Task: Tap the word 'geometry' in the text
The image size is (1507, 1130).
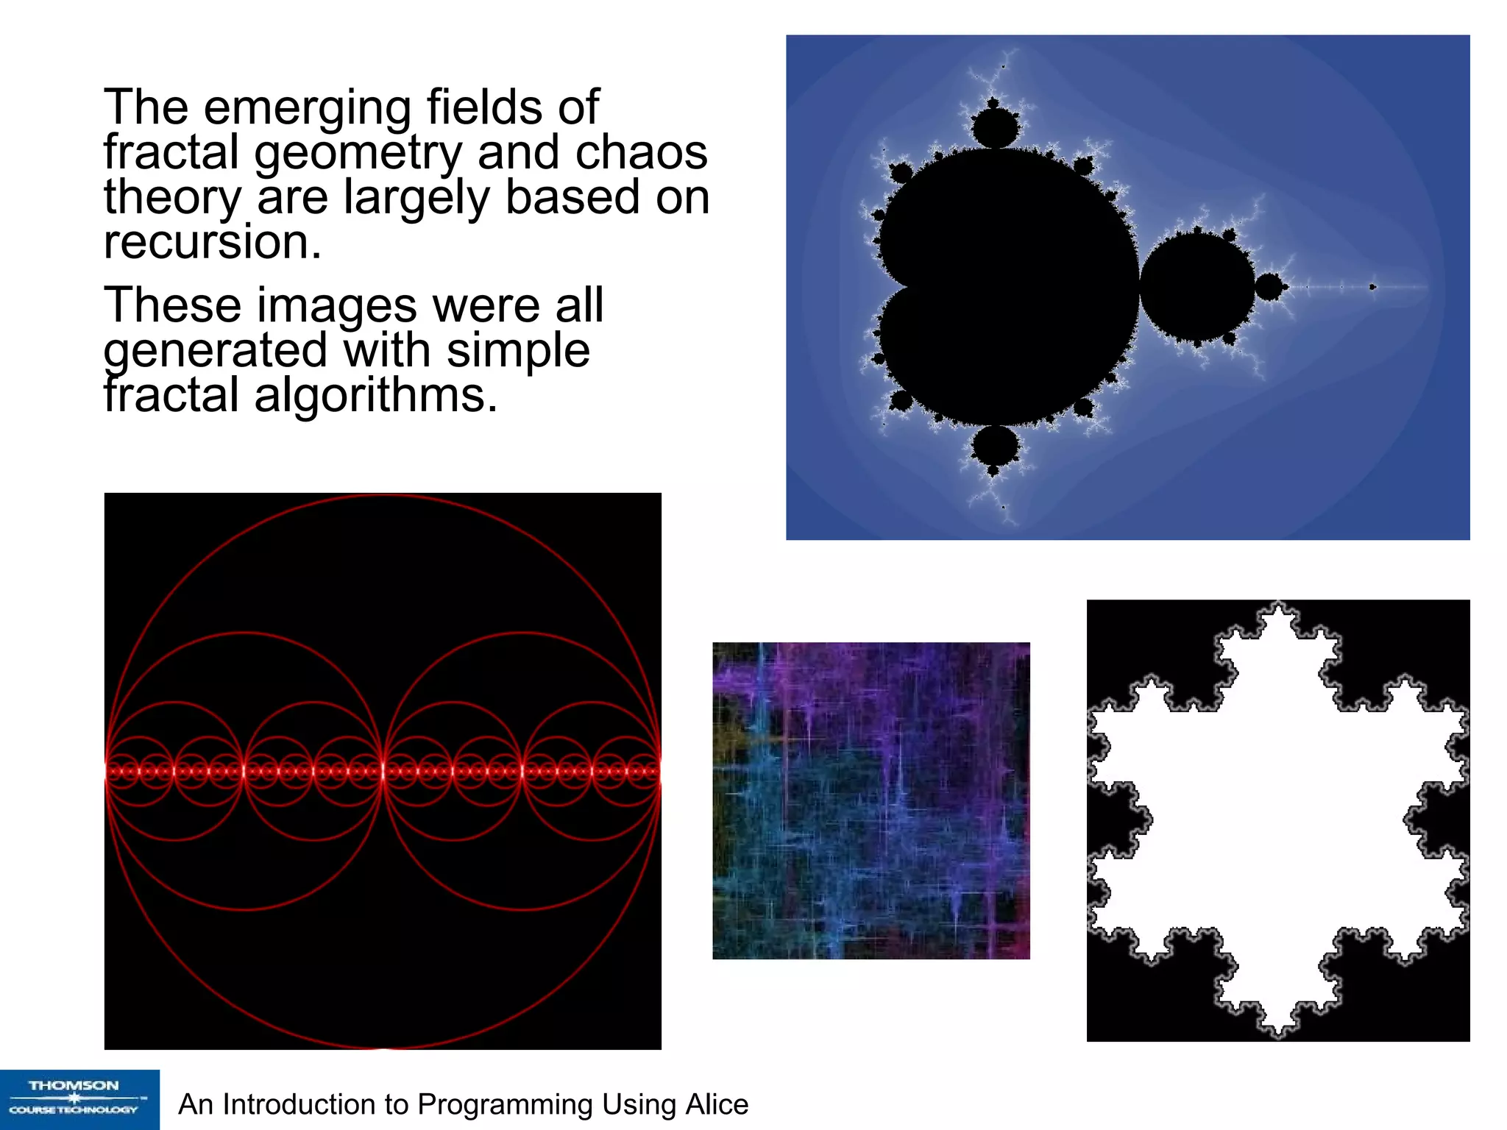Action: click(358, 153)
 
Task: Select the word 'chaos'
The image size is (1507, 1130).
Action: click(641, 152)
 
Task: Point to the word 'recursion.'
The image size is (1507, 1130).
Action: click(213, 242)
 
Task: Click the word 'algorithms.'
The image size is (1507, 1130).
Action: click(375, 395)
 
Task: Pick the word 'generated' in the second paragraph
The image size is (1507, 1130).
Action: click(215, 350)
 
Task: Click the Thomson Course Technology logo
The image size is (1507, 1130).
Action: click(79, 1099)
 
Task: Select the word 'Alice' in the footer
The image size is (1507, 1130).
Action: click(717, 1104)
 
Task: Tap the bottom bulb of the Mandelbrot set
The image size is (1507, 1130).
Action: click(995, 446)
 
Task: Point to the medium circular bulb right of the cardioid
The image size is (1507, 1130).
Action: click(1197, 286)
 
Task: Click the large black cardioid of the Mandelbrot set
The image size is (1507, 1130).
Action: click(1008, 287)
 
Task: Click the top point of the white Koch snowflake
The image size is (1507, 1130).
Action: click(1279, 608)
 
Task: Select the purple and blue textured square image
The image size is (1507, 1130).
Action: click(870, 800)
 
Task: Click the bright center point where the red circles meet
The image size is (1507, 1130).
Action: click(383, 771)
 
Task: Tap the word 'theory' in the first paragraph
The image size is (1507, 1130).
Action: click(172, 198)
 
